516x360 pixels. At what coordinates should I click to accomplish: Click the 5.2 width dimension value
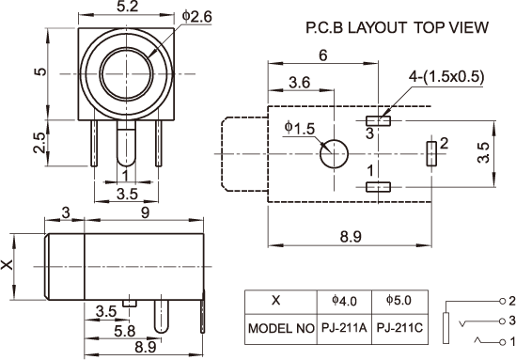127,7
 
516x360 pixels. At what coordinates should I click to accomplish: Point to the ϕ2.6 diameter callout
197,17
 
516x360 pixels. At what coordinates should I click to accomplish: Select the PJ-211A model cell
344,328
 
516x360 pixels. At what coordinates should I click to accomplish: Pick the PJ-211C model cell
399,328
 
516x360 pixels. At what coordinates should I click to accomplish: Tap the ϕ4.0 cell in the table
344,301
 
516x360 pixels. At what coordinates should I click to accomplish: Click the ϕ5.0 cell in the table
399,300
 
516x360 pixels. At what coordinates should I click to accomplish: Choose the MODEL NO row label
281,328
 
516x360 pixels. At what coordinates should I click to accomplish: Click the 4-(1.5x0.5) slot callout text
446,77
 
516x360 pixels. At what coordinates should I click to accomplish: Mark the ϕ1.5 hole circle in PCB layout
334,153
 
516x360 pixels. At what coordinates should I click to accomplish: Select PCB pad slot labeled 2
431,153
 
